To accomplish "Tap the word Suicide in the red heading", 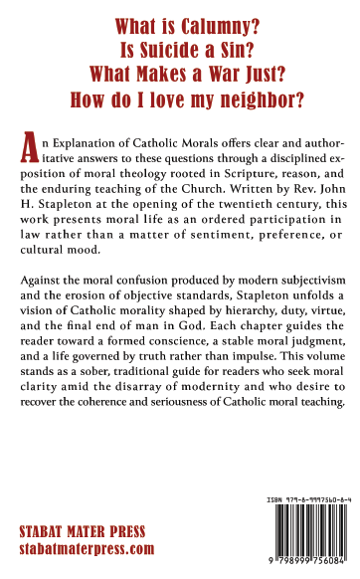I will [155, 51].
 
